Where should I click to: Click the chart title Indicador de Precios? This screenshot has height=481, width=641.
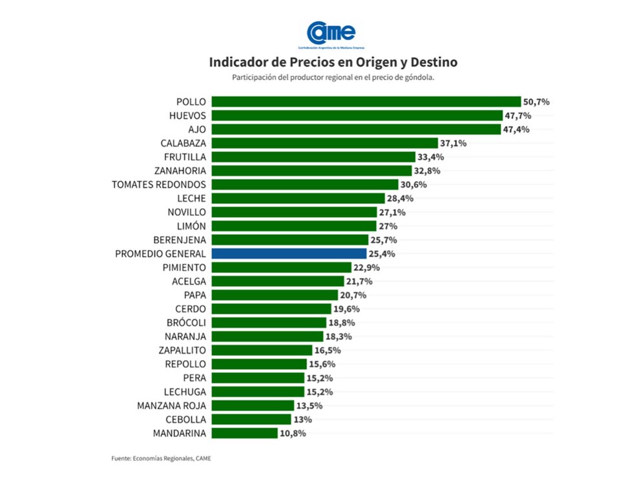pos(333,63)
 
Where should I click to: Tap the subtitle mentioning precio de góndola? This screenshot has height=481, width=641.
pos(333,78)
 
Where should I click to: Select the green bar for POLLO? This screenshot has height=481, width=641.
pos(366,102)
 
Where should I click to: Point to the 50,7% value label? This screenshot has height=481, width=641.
pos(536,102)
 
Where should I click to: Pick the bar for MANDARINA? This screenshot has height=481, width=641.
pos(244,433)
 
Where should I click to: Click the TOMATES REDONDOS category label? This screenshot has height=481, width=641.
pos(159,184)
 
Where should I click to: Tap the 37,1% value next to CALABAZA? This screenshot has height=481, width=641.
pos(453,143)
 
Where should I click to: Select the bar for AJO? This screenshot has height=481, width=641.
pos(355,129)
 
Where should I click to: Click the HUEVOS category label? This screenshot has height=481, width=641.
pos(187,115)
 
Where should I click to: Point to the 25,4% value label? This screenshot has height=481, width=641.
pos(382,253)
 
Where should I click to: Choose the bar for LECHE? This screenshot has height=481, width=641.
pos(295,198)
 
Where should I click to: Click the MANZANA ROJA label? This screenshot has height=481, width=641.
pos(172,405)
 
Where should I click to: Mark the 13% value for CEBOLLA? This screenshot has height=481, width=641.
pos(302,420)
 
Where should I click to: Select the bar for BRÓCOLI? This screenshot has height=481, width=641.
pos(269,323)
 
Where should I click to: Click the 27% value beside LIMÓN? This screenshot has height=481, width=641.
pos(388,226)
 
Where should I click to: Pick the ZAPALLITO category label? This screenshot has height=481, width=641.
pos(182,350)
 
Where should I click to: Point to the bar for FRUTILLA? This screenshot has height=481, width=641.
pos(313,156)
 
